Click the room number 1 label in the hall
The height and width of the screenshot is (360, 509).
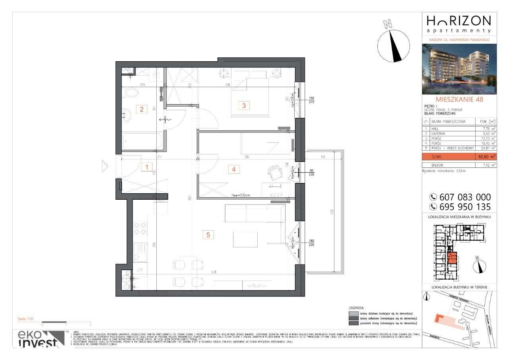pyautogui.click(x=147, y=168)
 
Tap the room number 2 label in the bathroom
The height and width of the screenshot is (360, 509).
pyautogui.click(x=142, y=109)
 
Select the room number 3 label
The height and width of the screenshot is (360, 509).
pyautogui.click(x=244, y=105)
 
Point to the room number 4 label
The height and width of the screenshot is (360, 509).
pyautogui.click(x=234, y=169)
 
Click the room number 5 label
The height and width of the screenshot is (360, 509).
pyautogui.click(x=208, y=235)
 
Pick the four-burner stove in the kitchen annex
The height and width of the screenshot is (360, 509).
pyautogui.click(x=140, y=229)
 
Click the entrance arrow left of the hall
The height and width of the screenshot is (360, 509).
pyautogui.click(x=105, y=167)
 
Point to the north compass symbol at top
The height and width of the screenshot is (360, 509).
pyautogui.click(x=393, y=45)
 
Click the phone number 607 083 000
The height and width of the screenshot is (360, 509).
pyautogui.click(x=460, y=197)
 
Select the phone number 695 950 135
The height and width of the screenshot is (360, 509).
pyautogui.click(x=460, y=207)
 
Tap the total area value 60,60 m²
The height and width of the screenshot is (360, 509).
pyautogui.click(x=487, y=157)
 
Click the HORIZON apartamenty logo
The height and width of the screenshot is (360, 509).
pyautogui.click(x=459, y=24)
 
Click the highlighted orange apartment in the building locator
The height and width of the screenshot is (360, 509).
pyautogui.click(x=452, y=259)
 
